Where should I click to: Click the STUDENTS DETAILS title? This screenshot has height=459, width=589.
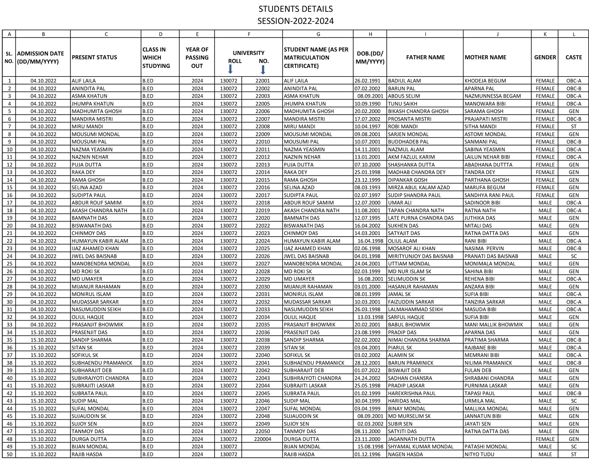click(x=296, y=9)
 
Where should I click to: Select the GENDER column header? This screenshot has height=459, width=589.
click(x=545, y=57)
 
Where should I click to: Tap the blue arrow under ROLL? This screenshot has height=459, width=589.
click(x=230, y=69)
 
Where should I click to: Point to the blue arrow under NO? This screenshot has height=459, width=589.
click(x=263, y=70)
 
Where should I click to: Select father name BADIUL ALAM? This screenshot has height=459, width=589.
click(x=404, y=81)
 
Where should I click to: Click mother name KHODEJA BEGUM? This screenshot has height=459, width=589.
click(x=485, y=81)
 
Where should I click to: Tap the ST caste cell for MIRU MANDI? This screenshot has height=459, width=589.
click(x=574, y=126)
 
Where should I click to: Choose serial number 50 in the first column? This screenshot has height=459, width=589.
click(x=9, y=454)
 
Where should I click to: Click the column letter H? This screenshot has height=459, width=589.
click(x=370, y=34)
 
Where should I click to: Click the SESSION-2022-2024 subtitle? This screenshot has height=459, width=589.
click(x=296, y=21)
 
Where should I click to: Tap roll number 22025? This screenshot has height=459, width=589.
click(x=262, y=248)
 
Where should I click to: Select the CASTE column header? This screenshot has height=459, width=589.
click(x=574, y=57)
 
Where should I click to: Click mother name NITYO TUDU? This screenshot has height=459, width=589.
click(x=479, y=454)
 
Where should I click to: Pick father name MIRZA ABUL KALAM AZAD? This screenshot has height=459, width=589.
click(x=419, y=187)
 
